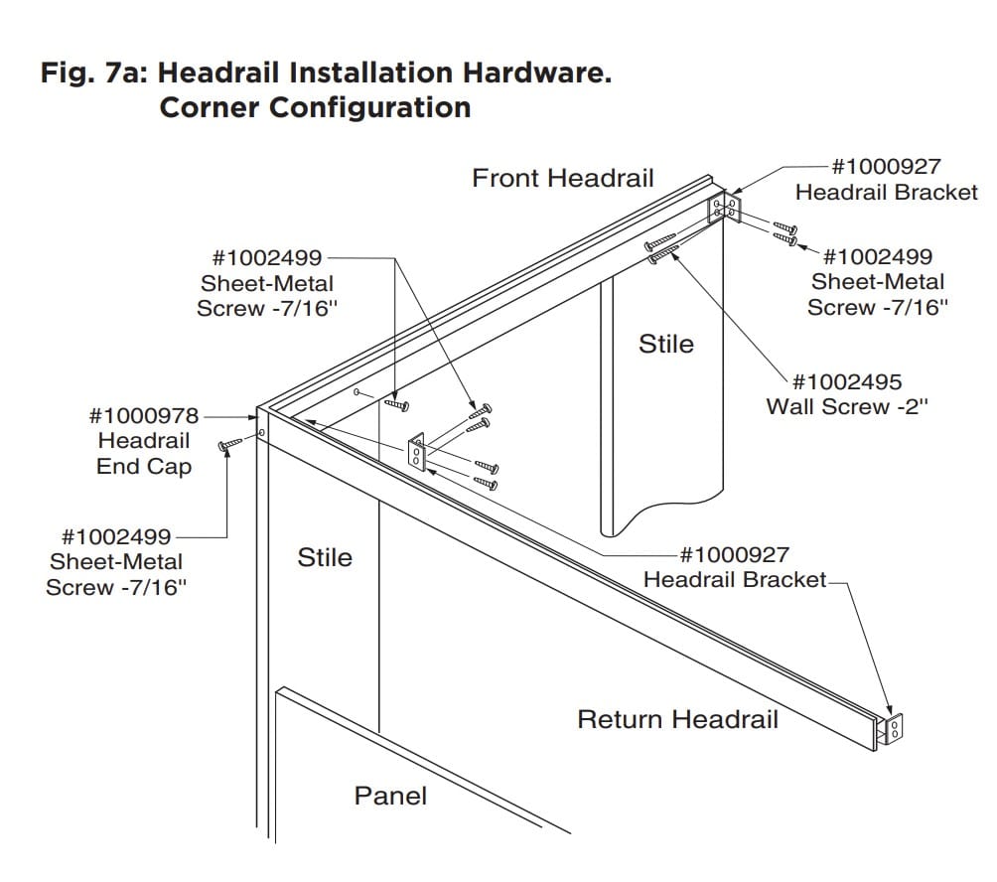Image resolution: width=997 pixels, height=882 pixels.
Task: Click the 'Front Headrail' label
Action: (x=563, y=178)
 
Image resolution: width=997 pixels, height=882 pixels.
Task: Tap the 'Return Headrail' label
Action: (x=677, y=719)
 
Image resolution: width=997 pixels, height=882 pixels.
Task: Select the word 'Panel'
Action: (x=390, y=796)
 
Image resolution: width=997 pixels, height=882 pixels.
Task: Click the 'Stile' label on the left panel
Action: (x=325, y=557)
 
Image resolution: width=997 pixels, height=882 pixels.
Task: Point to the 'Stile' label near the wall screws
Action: (x=665, y=344)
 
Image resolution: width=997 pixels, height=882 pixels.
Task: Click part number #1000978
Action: (x=144, y=415)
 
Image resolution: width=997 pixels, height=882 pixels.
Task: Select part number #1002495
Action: (x=847, y=381)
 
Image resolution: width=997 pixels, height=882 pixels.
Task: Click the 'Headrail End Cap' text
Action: (x=144, y=454)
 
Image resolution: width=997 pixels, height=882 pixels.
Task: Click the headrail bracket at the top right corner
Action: (x=723, y=210)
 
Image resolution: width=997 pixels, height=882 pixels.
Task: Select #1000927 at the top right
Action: (x=886, y=167)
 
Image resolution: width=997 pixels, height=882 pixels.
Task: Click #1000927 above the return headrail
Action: (x=734, y=554)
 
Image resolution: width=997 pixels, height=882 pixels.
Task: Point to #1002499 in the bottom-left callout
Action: (x=116, y=536)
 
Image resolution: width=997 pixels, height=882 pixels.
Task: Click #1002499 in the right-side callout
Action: (x=878, y=256)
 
